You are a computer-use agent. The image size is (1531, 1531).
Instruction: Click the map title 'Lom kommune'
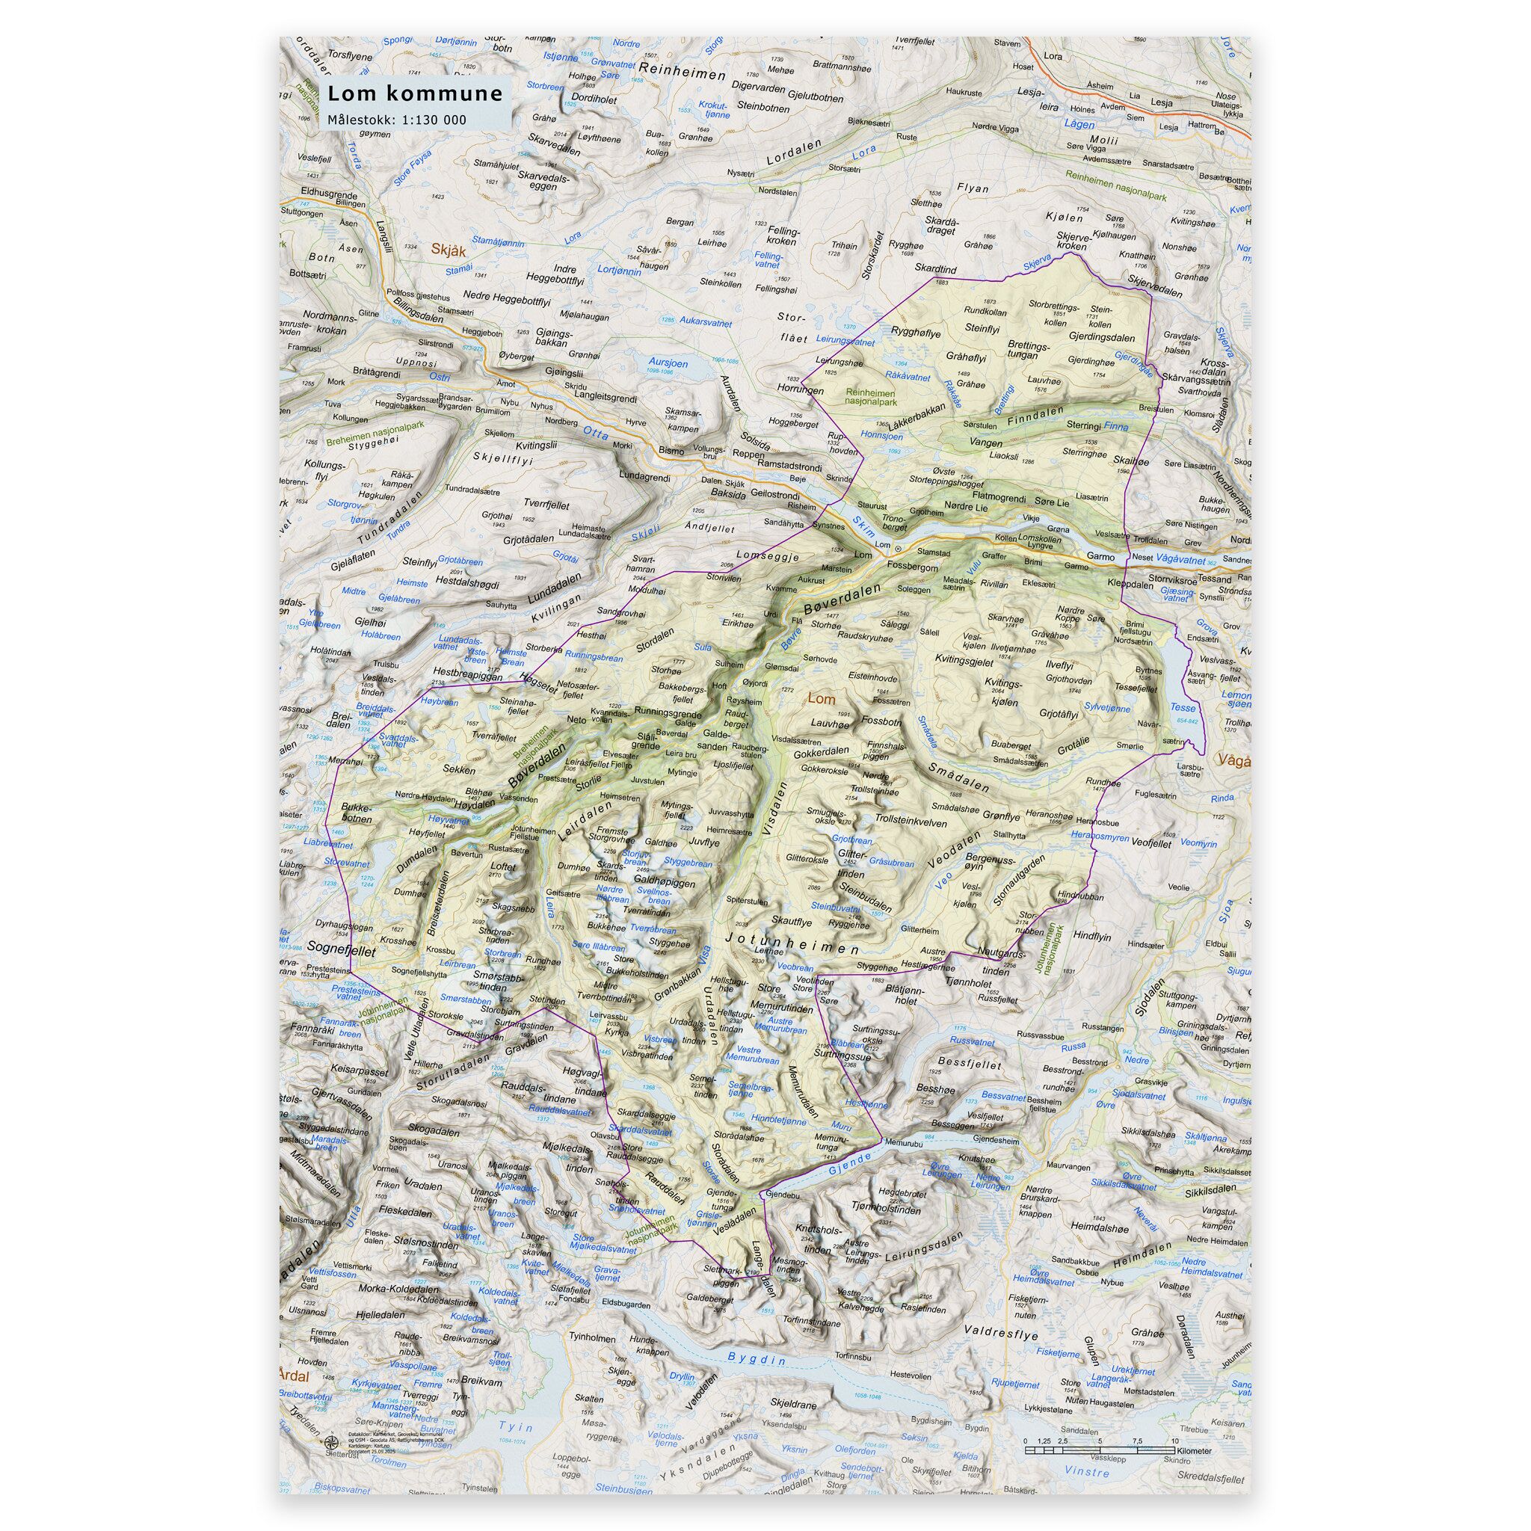pyautogui.click(x=415, y=93)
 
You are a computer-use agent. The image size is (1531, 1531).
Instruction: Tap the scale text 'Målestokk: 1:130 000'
pyautogui.click(x=397, y=120)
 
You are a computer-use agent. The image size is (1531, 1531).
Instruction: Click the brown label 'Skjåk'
pyautogui.click(x=448, y=250)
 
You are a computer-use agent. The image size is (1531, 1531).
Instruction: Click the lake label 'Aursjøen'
pyautogui.click(x=668, y=361)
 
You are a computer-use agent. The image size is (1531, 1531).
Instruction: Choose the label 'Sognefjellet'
pyautogui.click(x=342, y=947)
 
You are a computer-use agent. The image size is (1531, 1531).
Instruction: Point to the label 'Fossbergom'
pyautogui.click(x=913, y=567)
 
